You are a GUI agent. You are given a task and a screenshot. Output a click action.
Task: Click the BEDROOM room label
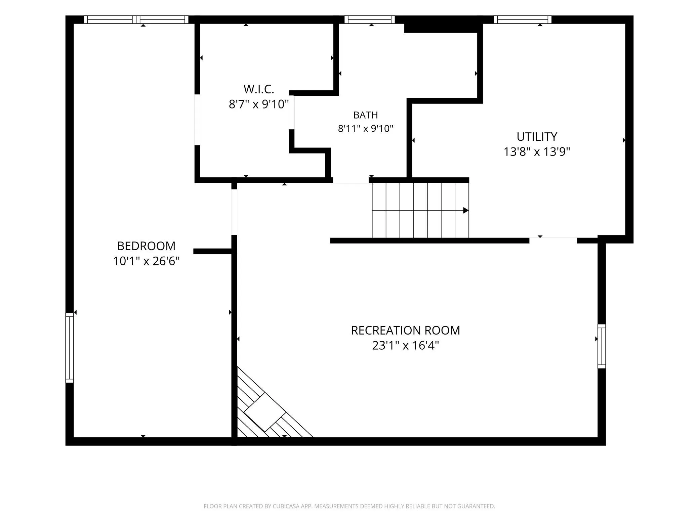[146, 246]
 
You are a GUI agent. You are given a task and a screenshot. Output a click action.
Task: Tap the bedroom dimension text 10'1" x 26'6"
[146, 261]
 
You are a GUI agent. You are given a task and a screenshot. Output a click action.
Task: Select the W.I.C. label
[259, 89]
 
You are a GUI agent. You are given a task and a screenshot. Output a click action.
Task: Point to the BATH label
[366, 115]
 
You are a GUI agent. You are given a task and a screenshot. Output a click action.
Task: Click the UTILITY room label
[537, 137]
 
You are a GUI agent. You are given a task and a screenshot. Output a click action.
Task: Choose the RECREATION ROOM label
[405, 331]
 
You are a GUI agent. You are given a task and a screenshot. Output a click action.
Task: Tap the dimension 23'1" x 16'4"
[405, 345]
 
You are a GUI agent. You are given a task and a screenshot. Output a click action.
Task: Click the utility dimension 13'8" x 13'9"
[537, 152]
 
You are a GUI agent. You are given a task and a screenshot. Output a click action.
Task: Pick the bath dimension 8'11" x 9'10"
[366, 129]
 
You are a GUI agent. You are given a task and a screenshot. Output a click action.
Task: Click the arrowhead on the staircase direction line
[466, 211]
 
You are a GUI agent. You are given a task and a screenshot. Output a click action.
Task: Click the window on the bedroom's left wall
[69, 348]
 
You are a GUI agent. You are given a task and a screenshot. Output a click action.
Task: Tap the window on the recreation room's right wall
[602, 346]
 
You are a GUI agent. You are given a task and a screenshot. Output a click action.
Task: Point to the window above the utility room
[523, 19]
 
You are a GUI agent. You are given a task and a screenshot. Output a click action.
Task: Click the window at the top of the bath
[370, 19]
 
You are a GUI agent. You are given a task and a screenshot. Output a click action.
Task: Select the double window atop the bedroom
[136, 19]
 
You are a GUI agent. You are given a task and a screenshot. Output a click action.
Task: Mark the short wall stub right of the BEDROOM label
[212, 251]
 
